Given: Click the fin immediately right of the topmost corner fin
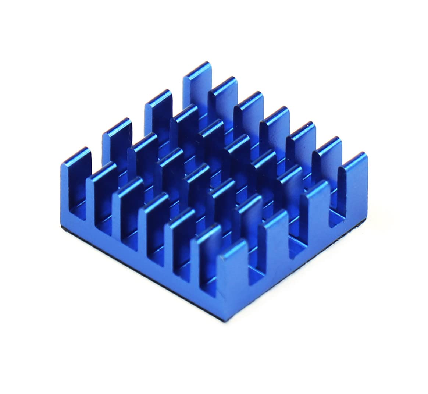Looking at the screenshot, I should (x=222, y=97).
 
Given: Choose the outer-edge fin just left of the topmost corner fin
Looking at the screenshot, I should (x=158, y=110).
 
